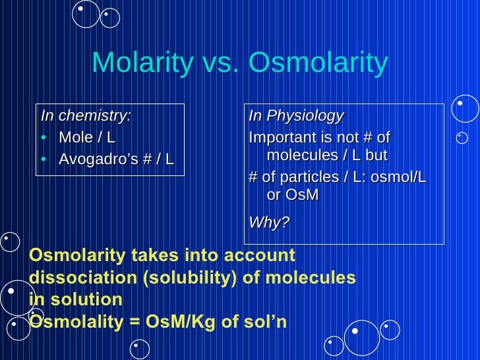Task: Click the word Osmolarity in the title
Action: tap(317, 63)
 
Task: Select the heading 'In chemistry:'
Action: tap(86, 116)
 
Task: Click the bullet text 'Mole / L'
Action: tap(86, 138)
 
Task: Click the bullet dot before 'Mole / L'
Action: tap(44, 138)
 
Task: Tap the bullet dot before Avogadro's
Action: tap(44, 159)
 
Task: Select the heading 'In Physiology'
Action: tap(295, 116)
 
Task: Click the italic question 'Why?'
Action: tap(268, 222)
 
